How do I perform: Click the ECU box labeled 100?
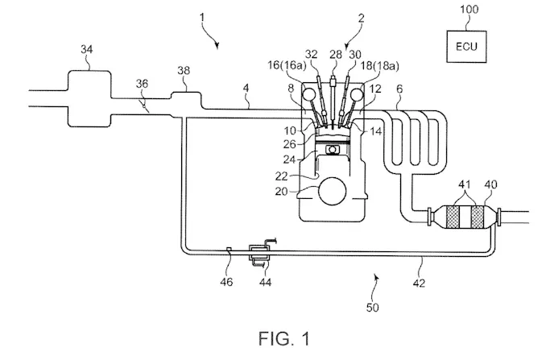tap(465, 45)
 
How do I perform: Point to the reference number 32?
tap(313, 53)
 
